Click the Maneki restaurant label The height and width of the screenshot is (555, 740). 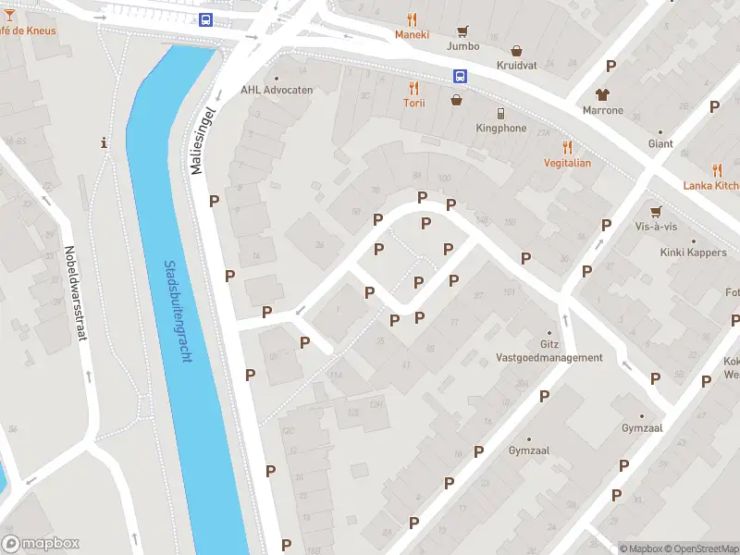point(413,35)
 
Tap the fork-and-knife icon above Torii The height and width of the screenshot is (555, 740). point(413,88)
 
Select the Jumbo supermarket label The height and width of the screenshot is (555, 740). point(463,45)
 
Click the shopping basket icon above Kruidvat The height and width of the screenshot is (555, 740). point(516,52)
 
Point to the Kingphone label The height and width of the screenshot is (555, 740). point(500,129)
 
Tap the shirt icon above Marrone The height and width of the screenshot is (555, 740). point(603,94)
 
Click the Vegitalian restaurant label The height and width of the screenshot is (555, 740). point(566,163)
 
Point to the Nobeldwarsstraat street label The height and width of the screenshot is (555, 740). point(76,293)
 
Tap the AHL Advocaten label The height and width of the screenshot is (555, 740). point(277,90)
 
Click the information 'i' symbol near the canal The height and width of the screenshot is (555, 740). point(105,143)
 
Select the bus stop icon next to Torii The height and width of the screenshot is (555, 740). point(459,77)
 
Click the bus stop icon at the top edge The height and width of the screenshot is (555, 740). point(205,19)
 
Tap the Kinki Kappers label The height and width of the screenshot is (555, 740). point(693,253)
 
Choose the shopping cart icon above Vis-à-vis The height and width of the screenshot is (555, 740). point(656,211)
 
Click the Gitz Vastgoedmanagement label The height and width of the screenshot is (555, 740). point(549,351)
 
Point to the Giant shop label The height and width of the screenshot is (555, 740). point(660,144)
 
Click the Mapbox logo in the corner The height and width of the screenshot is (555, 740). point(41,544)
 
